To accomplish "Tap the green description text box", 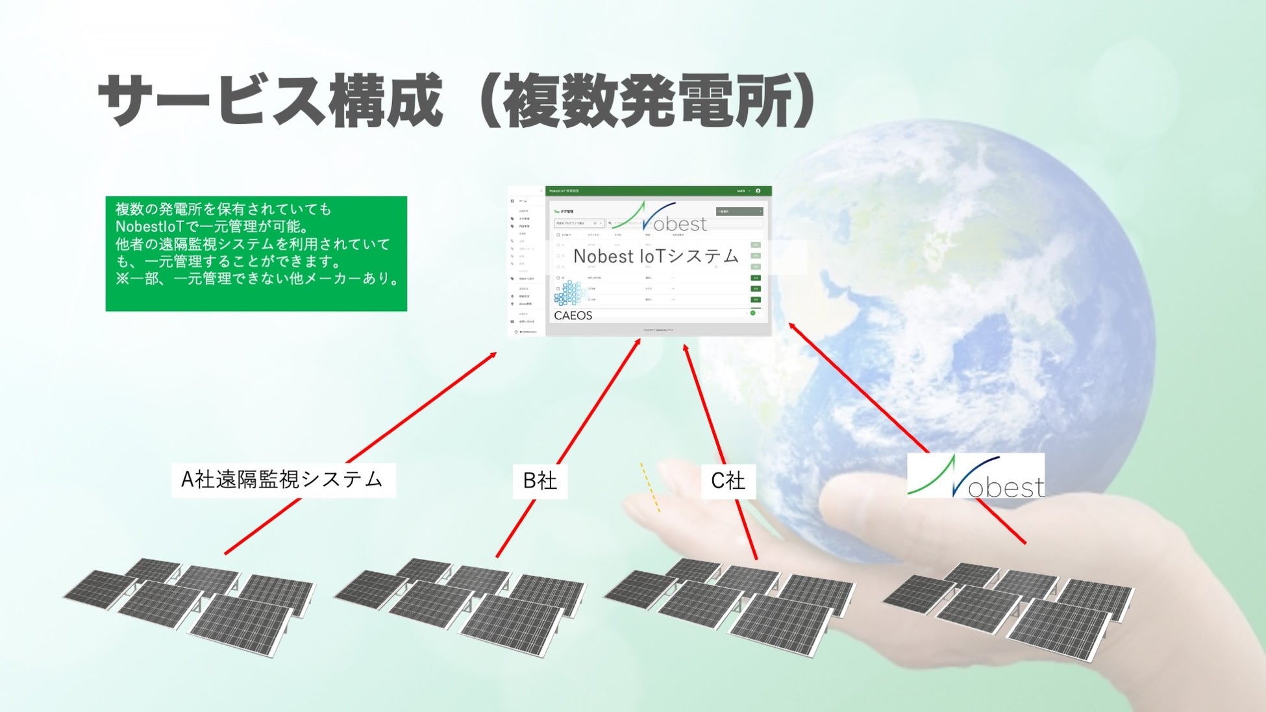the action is click(256, 253).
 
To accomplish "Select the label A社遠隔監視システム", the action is click(283, 480).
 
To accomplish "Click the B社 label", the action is click(540, 481).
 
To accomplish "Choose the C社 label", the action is click(728, 481).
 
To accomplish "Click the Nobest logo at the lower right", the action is click(975, 477).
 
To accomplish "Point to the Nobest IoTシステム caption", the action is click(656, 256).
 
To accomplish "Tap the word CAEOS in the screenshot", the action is click(573, 315).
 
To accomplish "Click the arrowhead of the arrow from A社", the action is click(494, 354).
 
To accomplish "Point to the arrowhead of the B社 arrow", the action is click(638, 341).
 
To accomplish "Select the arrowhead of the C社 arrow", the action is click(685, 348).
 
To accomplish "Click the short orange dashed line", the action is click(650, 487).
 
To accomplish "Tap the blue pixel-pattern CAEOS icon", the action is click(569, 294).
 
